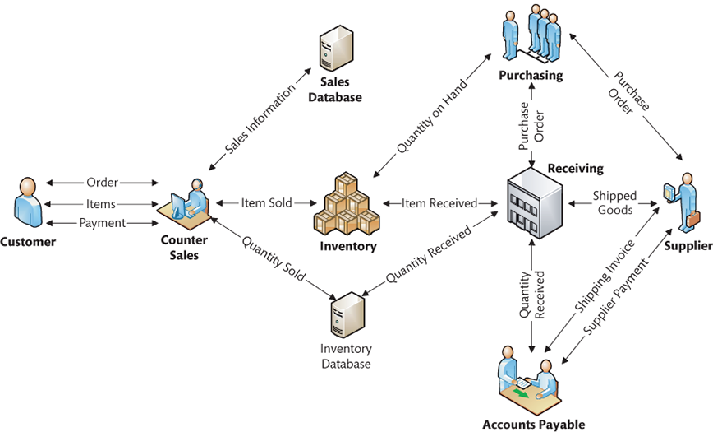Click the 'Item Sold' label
click(x=266, y=202)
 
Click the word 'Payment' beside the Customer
click(x=103, y=223)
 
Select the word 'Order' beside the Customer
click(x=103, y=182)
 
